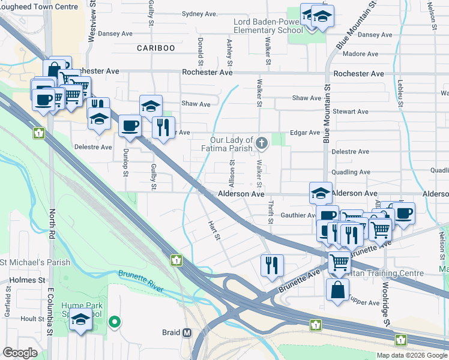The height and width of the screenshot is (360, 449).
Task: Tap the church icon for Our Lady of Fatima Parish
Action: (261, 143)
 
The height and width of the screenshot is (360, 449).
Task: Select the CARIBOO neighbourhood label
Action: (155, 48)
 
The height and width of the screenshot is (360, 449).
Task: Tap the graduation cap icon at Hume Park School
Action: (81, 321)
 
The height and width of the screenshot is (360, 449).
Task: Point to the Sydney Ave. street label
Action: (183, 13)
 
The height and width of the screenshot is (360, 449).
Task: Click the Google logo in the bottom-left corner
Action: (20, 353)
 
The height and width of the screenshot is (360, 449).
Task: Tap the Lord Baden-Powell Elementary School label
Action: (268, 26)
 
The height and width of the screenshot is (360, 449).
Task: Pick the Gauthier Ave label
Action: (298, 215)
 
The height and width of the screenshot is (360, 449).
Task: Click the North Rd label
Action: (52, 220)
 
